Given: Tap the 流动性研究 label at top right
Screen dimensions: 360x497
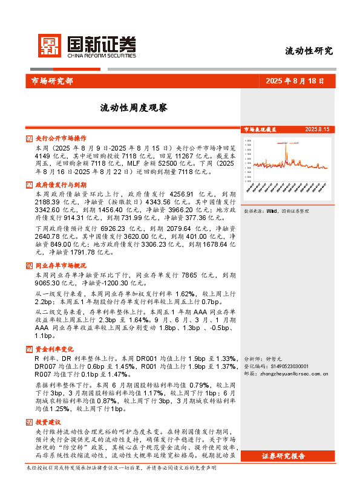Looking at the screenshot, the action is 309,51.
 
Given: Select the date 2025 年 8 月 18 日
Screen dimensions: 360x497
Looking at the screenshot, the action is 295,80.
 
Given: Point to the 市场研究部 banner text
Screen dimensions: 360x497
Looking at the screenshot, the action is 51,80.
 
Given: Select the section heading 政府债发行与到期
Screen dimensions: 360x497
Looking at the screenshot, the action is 61,184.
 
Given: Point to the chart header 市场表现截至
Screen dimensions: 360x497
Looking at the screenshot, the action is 260,129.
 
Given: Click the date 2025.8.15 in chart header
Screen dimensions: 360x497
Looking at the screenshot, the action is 317,129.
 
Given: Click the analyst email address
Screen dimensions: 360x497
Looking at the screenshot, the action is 294,374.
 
